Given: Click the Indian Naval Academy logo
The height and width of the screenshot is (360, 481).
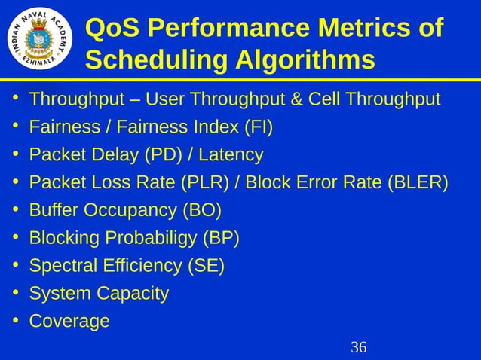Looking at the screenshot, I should (x=41, y=39).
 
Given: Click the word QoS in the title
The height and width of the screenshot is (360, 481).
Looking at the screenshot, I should (x=112, y=28).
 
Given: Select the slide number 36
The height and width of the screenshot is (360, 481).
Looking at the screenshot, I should (x=359, y=347).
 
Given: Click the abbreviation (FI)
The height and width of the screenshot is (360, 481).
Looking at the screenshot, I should (x=259, y=127).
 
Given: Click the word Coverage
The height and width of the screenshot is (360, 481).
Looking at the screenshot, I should (x=69, y=322).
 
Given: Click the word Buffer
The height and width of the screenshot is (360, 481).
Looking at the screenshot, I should (x=52, y=210).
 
